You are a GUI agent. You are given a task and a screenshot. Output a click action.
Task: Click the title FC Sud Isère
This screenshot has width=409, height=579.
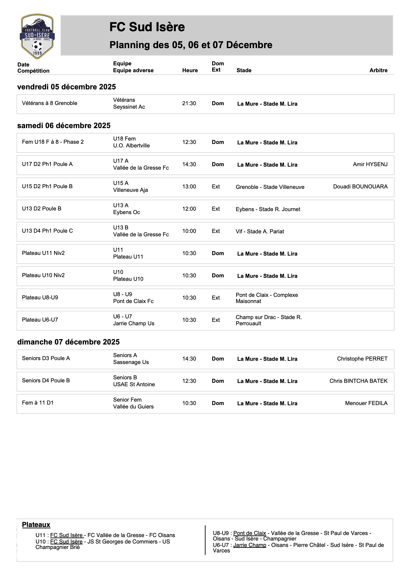click(x=147, y=27)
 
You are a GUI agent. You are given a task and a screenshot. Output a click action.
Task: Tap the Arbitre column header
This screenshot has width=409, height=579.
click(x=378, y=70)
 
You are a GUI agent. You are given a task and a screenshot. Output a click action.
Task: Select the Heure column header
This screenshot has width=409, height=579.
click(x=190, y=70)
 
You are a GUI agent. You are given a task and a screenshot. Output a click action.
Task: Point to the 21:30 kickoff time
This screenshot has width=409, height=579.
click(x=189, y=103)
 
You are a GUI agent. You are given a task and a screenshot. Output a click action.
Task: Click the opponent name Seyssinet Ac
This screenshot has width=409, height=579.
click(x=129, y=107)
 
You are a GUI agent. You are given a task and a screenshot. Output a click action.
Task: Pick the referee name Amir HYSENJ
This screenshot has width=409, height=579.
click(x=370, y=164)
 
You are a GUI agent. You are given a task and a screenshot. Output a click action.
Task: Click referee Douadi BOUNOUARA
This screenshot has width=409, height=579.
click(x=360, y=187)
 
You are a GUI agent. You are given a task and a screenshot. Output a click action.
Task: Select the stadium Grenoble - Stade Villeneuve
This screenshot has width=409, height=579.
click(x=270, y=187)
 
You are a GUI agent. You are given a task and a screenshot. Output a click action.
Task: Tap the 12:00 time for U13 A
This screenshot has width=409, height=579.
click(x=189, y=209)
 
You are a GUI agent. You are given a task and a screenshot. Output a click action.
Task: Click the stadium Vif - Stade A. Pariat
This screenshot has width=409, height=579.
click(x=260, y=232)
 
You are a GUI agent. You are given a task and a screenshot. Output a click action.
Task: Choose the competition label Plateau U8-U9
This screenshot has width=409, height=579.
click(x=40, y=298)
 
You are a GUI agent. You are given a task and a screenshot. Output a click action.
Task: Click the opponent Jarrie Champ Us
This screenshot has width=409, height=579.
click(x=134, y=324)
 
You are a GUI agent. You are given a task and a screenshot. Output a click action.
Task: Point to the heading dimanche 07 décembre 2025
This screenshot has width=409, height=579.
click(x=68, y=342)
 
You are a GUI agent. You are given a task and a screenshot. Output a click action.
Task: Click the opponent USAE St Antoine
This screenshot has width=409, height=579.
click(x=134, y=384)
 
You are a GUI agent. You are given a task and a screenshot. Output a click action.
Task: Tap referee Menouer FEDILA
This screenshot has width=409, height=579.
click(x=366, y=403)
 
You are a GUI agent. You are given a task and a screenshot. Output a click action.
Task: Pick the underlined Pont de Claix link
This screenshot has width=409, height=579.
click(x=249, y=533)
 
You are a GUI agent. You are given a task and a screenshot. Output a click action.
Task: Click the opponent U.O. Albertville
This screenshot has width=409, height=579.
click(x=131, y=146)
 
